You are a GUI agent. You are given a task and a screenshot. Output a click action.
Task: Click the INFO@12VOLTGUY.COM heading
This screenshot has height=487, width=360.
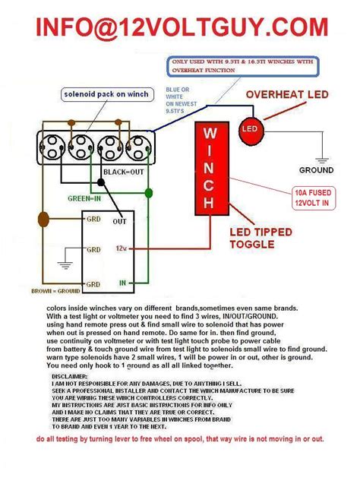(179, 27)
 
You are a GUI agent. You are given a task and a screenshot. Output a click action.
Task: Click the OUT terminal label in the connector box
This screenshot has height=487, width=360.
(119, 221)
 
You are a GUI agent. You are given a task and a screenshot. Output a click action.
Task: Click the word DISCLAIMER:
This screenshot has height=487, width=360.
(73, 375)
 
